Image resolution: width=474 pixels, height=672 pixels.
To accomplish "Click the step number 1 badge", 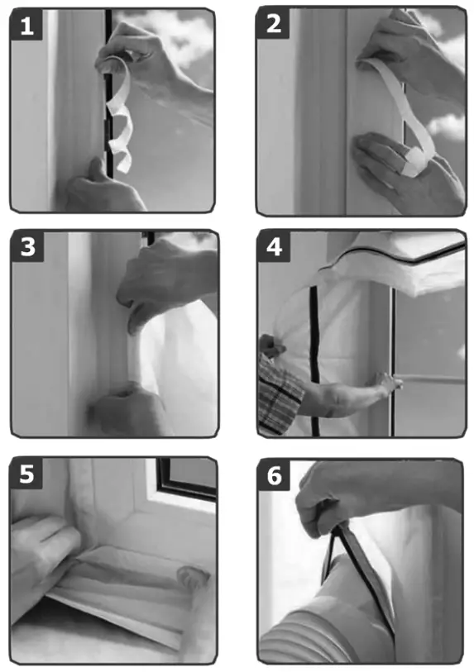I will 27,26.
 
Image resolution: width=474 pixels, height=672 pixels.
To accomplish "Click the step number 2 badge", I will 274,25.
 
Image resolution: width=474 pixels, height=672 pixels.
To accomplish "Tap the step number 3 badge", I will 27,248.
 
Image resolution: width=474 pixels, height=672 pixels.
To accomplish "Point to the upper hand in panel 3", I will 165,281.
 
